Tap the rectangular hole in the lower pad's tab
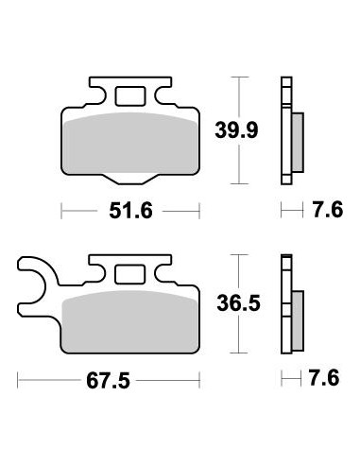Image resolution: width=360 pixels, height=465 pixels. [128, 275]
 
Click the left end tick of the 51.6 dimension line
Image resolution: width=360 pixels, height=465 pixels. [62, 208]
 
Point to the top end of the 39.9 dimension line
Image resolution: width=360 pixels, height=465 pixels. [243, 78]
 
